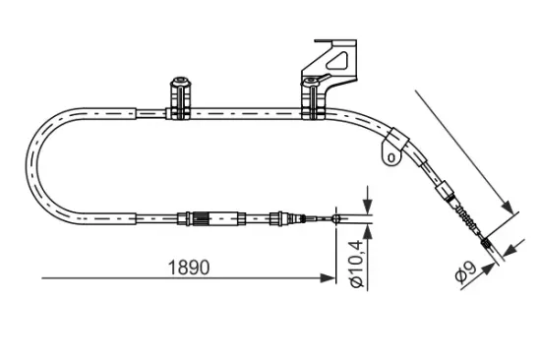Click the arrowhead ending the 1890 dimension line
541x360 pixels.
tap(329, 278)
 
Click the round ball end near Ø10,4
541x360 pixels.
tap(337, 218)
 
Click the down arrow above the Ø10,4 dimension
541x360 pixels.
tap(366, 206)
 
